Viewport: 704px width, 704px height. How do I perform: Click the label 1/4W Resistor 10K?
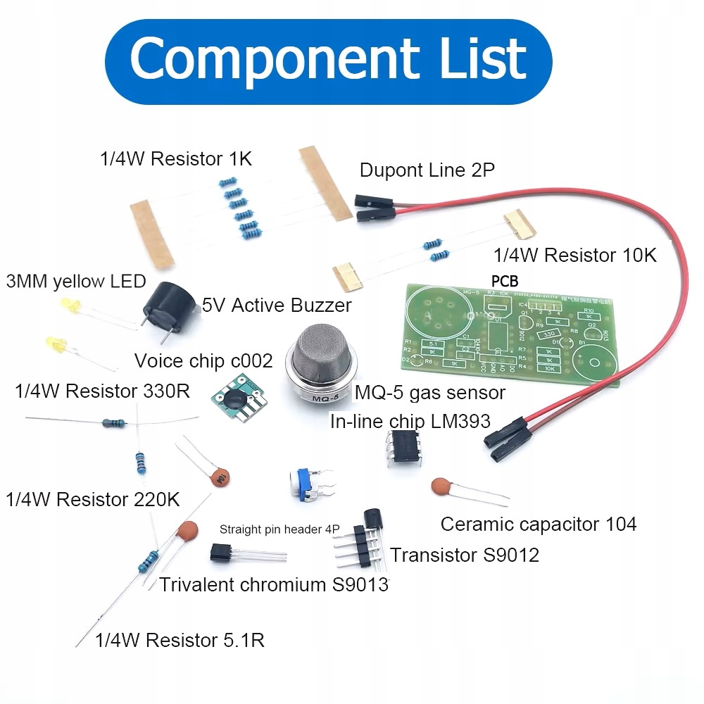point(575,255)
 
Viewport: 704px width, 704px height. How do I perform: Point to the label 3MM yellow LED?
point(75,282)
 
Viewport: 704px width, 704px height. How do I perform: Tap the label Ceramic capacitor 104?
point(539,524)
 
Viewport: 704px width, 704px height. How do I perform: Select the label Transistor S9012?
point(465,555)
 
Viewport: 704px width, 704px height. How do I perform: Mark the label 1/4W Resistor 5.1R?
point(180,641)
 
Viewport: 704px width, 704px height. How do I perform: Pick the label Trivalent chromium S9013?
point(274,584)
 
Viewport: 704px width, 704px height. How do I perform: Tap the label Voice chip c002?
point(203,362)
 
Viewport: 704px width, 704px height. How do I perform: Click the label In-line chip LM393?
point(410,422)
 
